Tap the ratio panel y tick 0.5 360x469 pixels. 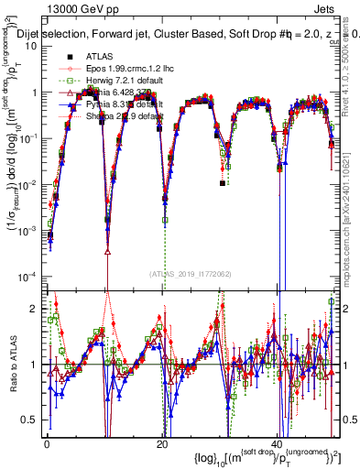click(x=30, y=420)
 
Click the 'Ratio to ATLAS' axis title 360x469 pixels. click(x=12, y=365)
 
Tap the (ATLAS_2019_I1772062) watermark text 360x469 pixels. click(x=190, y=272)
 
